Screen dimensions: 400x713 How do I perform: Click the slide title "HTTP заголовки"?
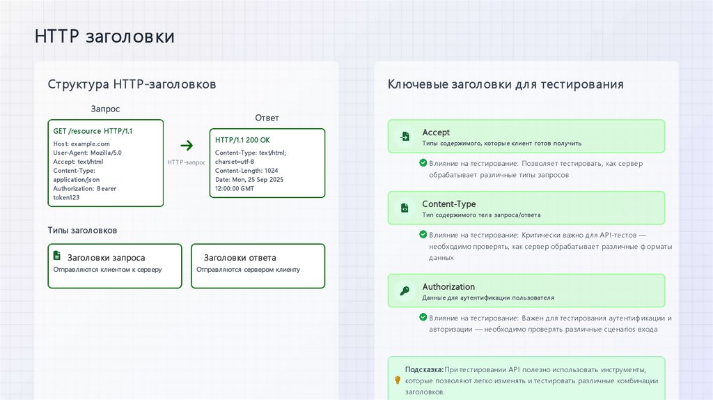pos(104,36)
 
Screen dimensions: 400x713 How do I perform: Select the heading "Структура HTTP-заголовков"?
pos(132,84)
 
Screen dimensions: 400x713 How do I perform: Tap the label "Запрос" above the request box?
pos(105,109)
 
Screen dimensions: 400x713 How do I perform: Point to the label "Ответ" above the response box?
pos(267,118)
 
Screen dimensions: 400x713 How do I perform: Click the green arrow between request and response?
pos(187,146)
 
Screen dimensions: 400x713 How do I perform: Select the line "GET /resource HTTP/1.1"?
pos(93,131)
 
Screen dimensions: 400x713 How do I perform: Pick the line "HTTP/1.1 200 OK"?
pos(242,140)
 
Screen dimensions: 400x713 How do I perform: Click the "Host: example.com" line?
pos(81,144)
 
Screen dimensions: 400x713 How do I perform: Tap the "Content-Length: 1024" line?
pos(246,171)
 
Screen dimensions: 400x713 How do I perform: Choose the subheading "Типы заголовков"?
pos(82,230)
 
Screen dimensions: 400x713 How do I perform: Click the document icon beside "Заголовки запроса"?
pos(59,257)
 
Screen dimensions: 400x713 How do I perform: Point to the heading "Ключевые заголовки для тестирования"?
pos(506,84)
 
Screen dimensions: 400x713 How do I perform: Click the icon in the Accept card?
pos(404,137)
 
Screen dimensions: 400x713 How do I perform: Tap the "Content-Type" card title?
pos(449,204)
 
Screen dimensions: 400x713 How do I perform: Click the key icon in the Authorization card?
pos(404,291)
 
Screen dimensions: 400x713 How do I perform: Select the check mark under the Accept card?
pos(423,162)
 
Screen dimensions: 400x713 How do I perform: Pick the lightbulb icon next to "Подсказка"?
pos(398,380)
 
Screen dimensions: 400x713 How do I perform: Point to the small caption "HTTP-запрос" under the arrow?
pos(187,162)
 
